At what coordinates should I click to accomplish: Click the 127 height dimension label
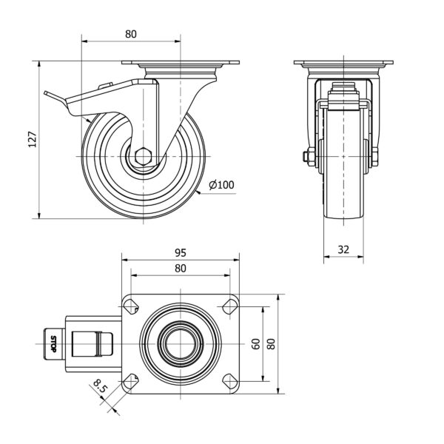33,139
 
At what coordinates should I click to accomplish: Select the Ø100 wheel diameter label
221,185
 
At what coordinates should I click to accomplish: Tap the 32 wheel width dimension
343,249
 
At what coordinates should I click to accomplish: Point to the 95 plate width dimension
181,252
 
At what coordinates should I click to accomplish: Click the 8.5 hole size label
99,386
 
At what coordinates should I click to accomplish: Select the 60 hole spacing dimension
256,344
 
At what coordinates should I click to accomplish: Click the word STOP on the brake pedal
53,344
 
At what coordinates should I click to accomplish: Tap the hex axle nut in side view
144,156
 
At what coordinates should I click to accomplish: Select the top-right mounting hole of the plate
229,306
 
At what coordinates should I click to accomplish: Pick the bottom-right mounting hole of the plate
229,381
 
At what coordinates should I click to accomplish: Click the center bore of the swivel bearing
181,344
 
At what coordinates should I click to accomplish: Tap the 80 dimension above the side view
131,34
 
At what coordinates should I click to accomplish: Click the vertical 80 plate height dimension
272,344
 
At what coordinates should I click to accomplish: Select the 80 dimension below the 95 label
181,268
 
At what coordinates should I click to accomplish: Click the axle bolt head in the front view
306,156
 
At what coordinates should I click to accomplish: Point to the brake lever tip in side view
45,92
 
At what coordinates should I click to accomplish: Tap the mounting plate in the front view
343,62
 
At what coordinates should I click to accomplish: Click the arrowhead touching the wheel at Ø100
198,193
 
